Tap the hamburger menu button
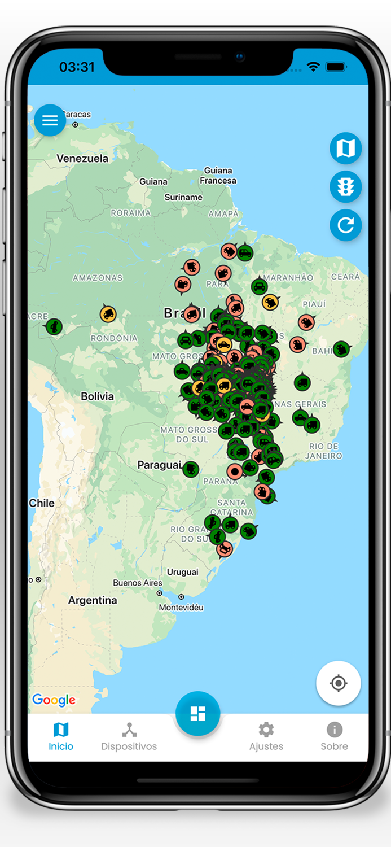click(50, 120)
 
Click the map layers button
click(345, 149)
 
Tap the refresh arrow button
click(345, 225)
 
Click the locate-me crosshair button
click(339, 683)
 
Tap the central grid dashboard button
click(197, 714)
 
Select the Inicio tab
click(61, 736)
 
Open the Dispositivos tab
click(129, 736)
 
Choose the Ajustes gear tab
click(266, 736)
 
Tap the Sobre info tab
click(334, 736)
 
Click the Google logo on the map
click(54, 700)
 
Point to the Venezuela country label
click(82, 159)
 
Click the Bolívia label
click(97, 396)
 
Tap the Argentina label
click(93, 600)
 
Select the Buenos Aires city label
click(138, 583)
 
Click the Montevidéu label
click(181, 608)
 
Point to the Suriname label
click(183, 197)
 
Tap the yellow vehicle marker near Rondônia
click(108, 314)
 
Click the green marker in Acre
click(54, 326)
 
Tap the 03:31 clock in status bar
click(77, 67)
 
